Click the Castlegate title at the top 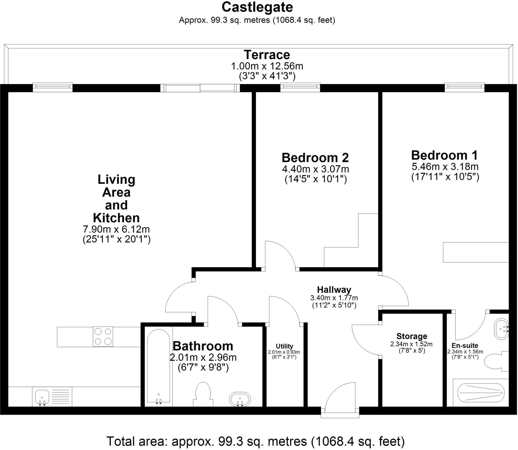[x=257, y=7]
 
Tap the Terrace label [x=267, y=55]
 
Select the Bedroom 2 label [x=315, y=158]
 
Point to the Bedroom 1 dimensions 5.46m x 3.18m [x=445, y=167]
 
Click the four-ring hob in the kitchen [x=103, y=336]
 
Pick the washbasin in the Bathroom [x=240, y=399]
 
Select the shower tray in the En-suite [x=481, y=393]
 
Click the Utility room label [x=284, y=346]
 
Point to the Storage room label [x=412, y=336]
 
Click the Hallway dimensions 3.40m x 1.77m [x=334, y=298]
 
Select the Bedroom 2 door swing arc [x=281, y=254]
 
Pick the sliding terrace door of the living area [x=200, y=88]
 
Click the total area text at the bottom [x=255, y=441]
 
